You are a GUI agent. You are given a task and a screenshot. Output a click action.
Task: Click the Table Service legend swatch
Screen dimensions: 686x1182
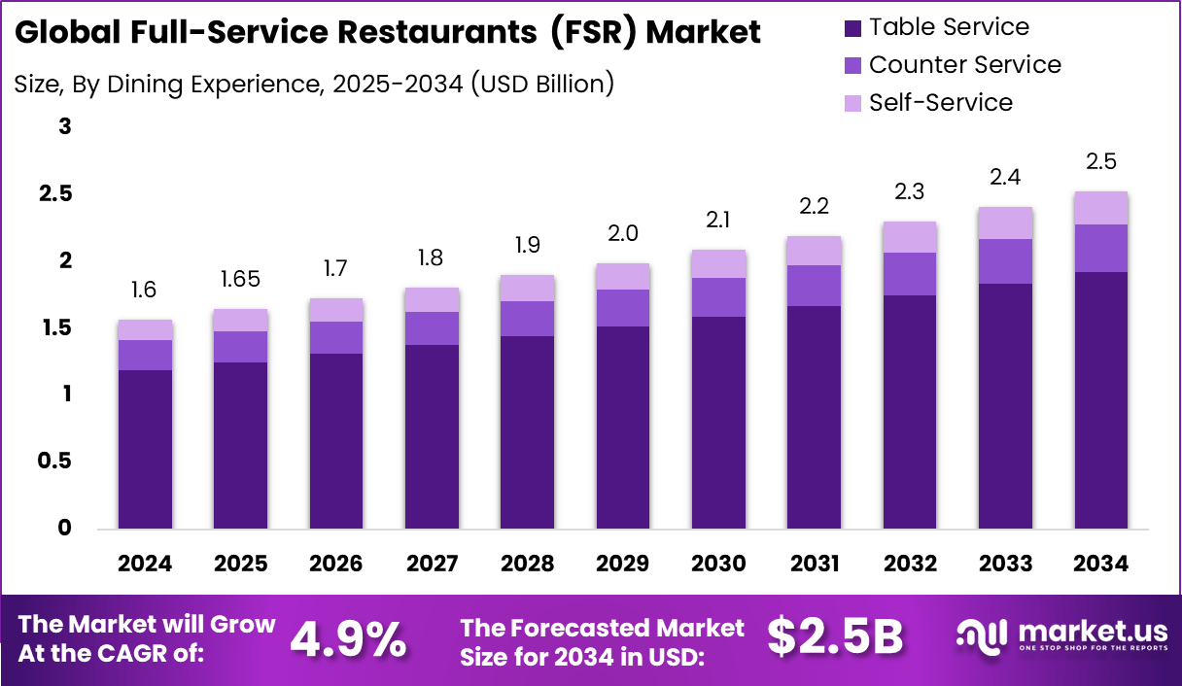click(x=852, y=28)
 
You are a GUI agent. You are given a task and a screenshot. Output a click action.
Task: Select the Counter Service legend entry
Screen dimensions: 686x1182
click(x=964, y=65)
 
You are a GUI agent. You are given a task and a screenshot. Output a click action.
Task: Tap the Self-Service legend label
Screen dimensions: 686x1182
click(x=940, y=103)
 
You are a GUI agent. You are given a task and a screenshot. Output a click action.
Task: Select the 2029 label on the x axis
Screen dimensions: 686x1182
click(x=622, y=565)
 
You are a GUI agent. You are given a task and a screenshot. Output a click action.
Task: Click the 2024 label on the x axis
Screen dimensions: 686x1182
click(x=145, y=565)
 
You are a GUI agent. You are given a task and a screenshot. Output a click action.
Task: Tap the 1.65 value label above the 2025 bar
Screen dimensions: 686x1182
click(x=240, y=279)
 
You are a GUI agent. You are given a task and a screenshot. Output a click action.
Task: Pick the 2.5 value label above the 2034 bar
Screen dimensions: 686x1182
click(x=1101, y=161)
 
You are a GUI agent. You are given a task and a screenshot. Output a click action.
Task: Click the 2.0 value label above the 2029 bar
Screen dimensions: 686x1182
click(x=622, y=233)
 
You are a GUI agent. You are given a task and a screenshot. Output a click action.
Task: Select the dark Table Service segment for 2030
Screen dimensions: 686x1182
click(x=718, y=423)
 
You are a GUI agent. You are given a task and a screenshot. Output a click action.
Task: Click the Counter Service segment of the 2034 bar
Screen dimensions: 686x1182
click(x=1101, y=248)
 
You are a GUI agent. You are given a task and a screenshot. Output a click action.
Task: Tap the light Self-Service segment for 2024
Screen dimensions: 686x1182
click(x=145, y=329)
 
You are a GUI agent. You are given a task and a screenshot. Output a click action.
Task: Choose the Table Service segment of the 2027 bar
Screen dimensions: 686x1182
click(x=432, y=437)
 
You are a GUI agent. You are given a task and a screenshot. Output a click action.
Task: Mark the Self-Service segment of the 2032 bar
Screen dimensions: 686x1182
click(x=910, y=237)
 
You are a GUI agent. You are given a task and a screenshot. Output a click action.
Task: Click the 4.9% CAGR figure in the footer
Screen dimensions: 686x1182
click(x=348, y=638)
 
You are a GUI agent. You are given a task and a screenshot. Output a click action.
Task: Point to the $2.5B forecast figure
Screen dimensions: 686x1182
click(x=835, y=637)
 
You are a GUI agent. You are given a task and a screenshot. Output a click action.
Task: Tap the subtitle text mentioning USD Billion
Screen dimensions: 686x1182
click(x=314, y=85)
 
